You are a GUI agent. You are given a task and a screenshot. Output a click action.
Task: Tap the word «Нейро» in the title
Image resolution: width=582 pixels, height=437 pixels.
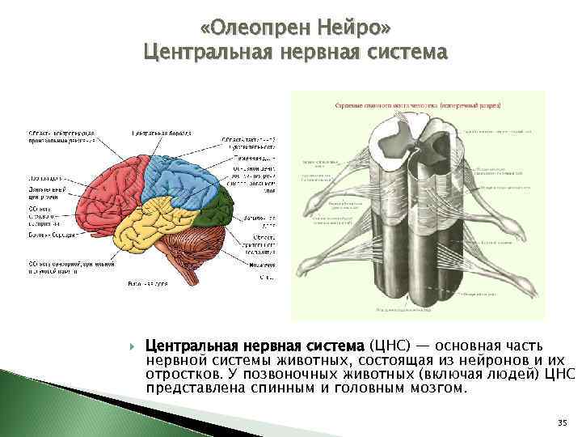[x=354, y=28]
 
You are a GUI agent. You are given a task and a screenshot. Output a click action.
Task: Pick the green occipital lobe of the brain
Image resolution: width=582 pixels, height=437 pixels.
[x=213, y=212]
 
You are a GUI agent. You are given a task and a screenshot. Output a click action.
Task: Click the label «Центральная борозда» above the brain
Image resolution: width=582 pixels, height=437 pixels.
[x=161, y=132]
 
